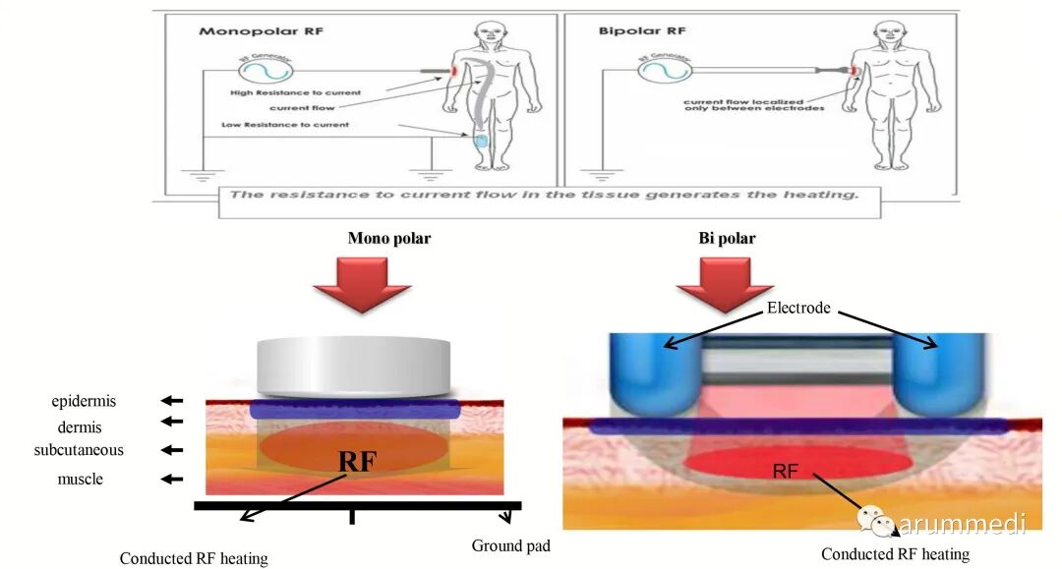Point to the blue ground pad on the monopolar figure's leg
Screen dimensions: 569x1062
coord(480,142)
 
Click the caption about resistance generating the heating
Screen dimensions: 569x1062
coord(544,195)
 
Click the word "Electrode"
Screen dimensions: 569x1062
coord(798,309)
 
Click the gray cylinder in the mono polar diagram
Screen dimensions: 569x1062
coord(353,366)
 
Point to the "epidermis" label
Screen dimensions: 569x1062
coord(85,401)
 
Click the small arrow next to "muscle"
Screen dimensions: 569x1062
coord(172,480)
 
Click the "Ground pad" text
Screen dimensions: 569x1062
coord(510,546)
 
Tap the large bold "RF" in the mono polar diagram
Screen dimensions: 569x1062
coord(357,461)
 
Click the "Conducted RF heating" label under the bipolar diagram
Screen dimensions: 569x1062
coord(895,554)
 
